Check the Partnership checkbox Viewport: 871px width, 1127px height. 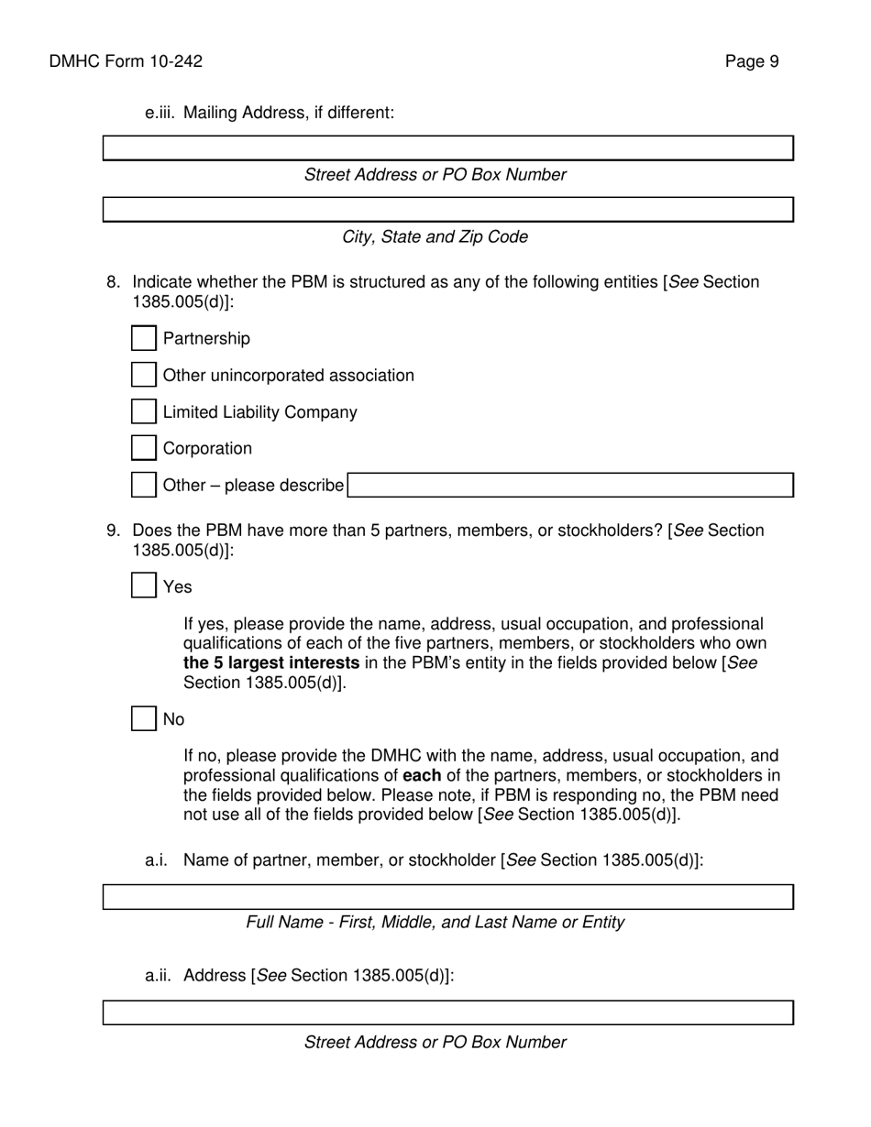pos(144,338)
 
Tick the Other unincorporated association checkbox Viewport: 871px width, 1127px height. pos(144,375)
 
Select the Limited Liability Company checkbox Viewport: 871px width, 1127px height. pos(144,411)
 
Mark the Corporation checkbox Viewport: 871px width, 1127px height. pos(144,448)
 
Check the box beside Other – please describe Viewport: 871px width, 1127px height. pos(144,485)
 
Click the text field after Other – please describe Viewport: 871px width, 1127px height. pos(570,485)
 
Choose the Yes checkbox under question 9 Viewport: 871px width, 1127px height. pos(144,585)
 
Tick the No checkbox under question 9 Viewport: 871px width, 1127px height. pos(144,718)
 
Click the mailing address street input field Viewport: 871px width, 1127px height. pos(447,148)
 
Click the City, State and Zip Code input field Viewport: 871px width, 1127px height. pos(447,210)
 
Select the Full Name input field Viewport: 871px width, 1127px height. pos(447,897)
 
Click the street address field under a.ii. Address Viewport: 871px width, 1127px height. pos(447,1012)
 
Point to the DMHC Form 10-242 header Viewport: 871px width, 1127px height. pos(126,61)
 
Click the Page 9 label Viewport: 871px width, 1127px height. pos(752,61)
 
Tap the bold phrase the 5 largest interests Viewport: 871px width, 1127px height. pos(271,662)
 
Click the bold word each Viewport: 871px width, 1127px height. pos(422,775)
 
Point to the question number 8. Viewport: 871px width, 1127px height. pos(113,281)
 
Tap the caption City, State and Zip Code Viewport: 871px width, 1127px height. pos(435,236)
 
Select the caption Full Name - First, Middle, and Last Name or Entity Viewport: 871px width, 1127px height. pos(435,922)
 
